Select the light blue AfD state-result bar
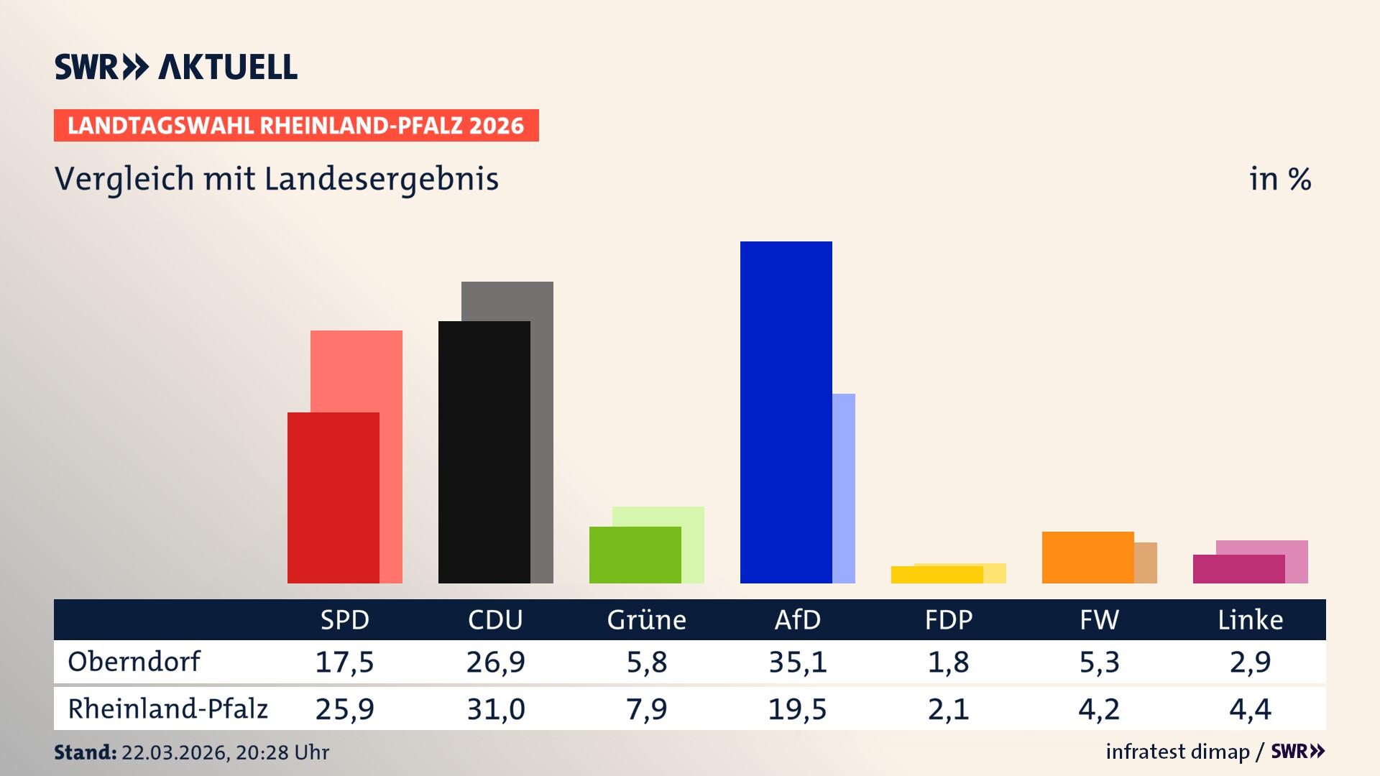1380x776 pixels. pyautogui.click(x=844, y=488)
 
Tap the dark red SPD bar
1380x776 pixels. pyautogui.click(x=333, y=497)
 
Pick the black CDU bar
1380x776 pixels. pyautogui.click(x=484, y=452)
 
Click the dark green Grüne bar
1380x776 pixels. pyautogui.click(x=635, y=555)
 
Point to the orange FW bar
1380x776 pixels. pyautogui.click(x=1087, y=557)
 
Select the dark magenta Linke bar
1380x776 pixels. pyautogui.click(x=1238, y=568)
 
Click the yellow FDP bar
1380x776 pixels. pyautogui.click(x=937, y=574)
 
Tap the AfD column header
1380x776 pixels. pyautogui.click(x=797, y=619)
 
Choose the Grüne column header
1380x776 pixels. pyautogui.click(x=646, y=619)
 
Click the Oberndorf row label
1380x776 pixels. pyautogui.click(x=134, y=661)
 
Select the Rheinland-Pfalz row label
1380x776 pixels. pyautogui.click(x=167, y=708)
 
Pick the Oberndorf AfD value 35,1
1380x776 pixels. pyautogui.click(x=797, y=662)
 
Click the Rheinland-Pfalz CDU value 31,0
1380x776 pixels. pyautogui.click(x=495, y=709)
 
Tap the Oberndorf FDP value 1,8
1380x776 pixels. pyautogui.click(x=948, y=662)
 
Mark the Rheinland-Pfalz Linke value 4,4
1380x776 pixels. pyautogui.click(x=1250, y=709)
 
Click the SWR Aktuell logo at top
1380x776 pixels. pyautogui.click(x=176, y=67)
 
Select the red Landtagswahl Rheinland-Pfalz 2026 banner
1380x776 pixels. pyautogui.click(x=296, y=125)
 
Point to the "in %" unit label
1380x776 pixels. pyautogui.click(x=1279, y=179)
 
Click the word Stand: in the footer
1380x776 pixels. pyautogui.click(x=85, y=752)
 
